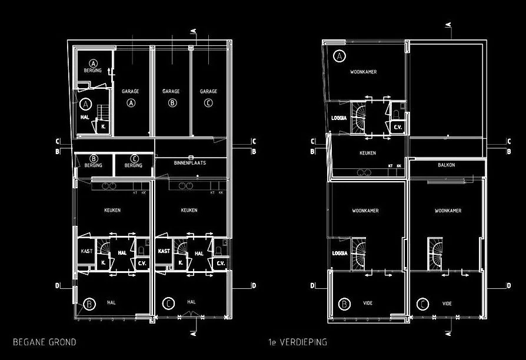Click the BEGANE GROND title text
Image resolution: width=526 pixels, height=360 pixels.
click(44, 342)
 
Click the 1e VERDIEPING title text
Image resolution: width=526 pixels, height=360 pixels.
click(296, 342)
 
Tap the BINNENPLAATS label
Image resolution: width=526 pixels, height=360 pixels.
click(189, 162)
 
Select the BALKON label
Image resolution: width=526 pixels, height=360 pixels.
click(446, 165)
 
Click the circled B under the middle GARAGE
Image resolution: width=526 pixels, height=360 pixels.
click(172, 103)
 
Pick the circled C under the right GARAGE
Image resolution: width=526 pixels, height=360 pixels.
click(208, 103)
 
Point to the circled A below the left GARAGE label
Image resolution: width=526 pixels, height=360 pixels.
click(131, 103)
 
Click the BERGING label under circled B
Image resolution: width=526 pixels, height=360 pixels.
click(93, 165)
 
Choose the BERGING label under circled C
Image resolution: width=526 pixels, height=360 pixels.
click(134, 165)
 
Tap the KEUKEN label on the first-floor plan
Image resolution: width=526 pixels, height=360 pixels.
click(368, 153)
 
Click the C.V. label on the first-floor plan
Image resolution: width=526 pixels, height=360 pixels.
click(397, 127)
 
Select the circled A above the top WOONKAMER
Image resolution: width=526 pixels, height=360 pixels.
click(339, 56)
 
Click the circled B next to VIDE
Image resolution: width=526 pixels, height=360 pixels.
click(345, 304)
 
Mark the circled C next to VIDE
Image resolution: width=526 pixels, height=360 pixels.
click(422, 304)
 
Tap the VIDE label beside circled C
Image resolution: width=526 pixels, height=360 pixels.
click(447, 304)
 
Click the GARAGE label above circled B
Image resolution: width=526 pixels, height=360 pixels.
click(171, 91)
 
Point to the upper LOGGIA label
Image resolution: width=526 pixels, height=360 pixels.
click(339, 118)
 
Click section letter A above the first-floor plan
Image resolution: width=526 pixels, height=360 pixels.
click(449, 24)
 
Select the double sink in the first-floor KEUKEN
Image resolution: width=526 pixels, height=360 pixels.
click(364, 172)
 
